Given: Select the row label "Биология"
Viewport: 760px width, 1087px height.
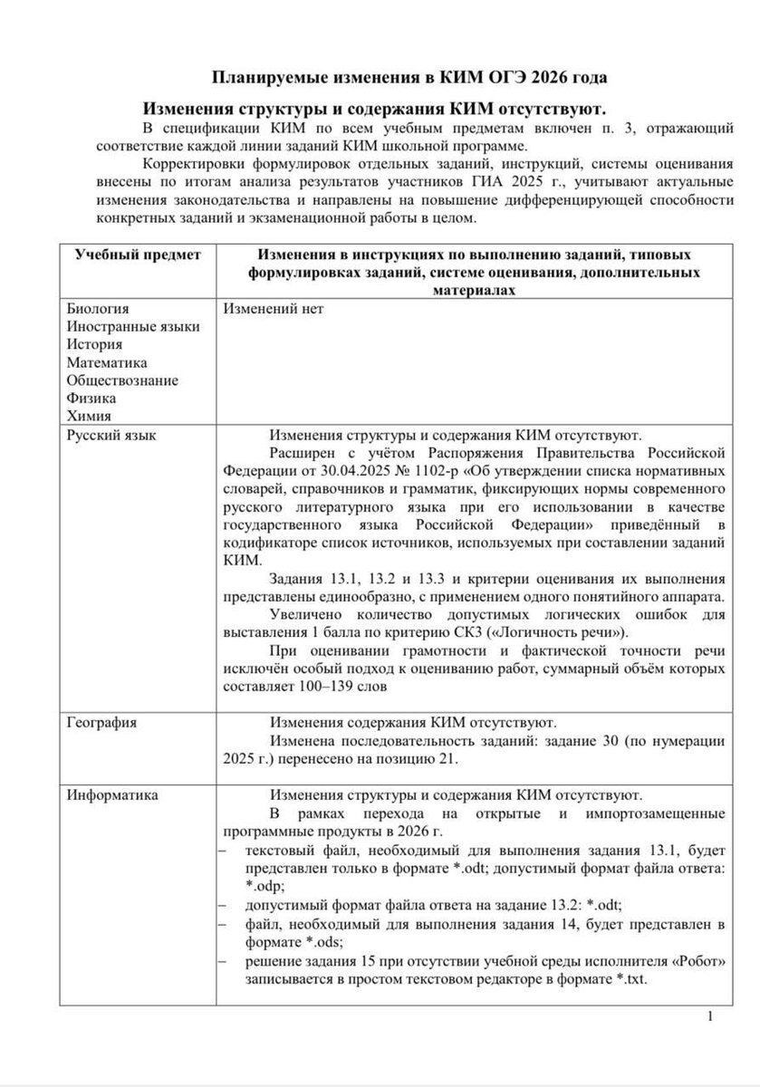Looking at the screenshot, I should point(98,309).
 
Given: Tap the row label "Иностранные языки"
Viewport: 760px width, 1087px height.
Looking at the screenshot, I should point(133,327).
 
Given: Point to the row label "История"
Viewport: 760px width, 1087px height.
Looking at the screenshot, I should point(94,344).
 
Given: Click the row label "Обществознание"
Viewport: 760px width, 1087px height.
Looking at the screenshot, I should point(122,380).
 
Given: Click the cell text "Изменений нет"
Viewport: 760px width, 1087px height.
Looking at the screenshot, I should point(272,309).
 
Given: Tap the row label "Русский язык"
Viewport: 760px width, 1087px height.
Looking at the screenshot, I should point(111,436).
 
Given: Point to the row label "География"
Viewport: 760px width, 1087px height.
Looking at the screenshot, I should point(102,722).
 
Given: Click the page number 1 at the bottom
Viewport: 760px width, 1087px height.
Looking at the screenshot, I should point(711,1017).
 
